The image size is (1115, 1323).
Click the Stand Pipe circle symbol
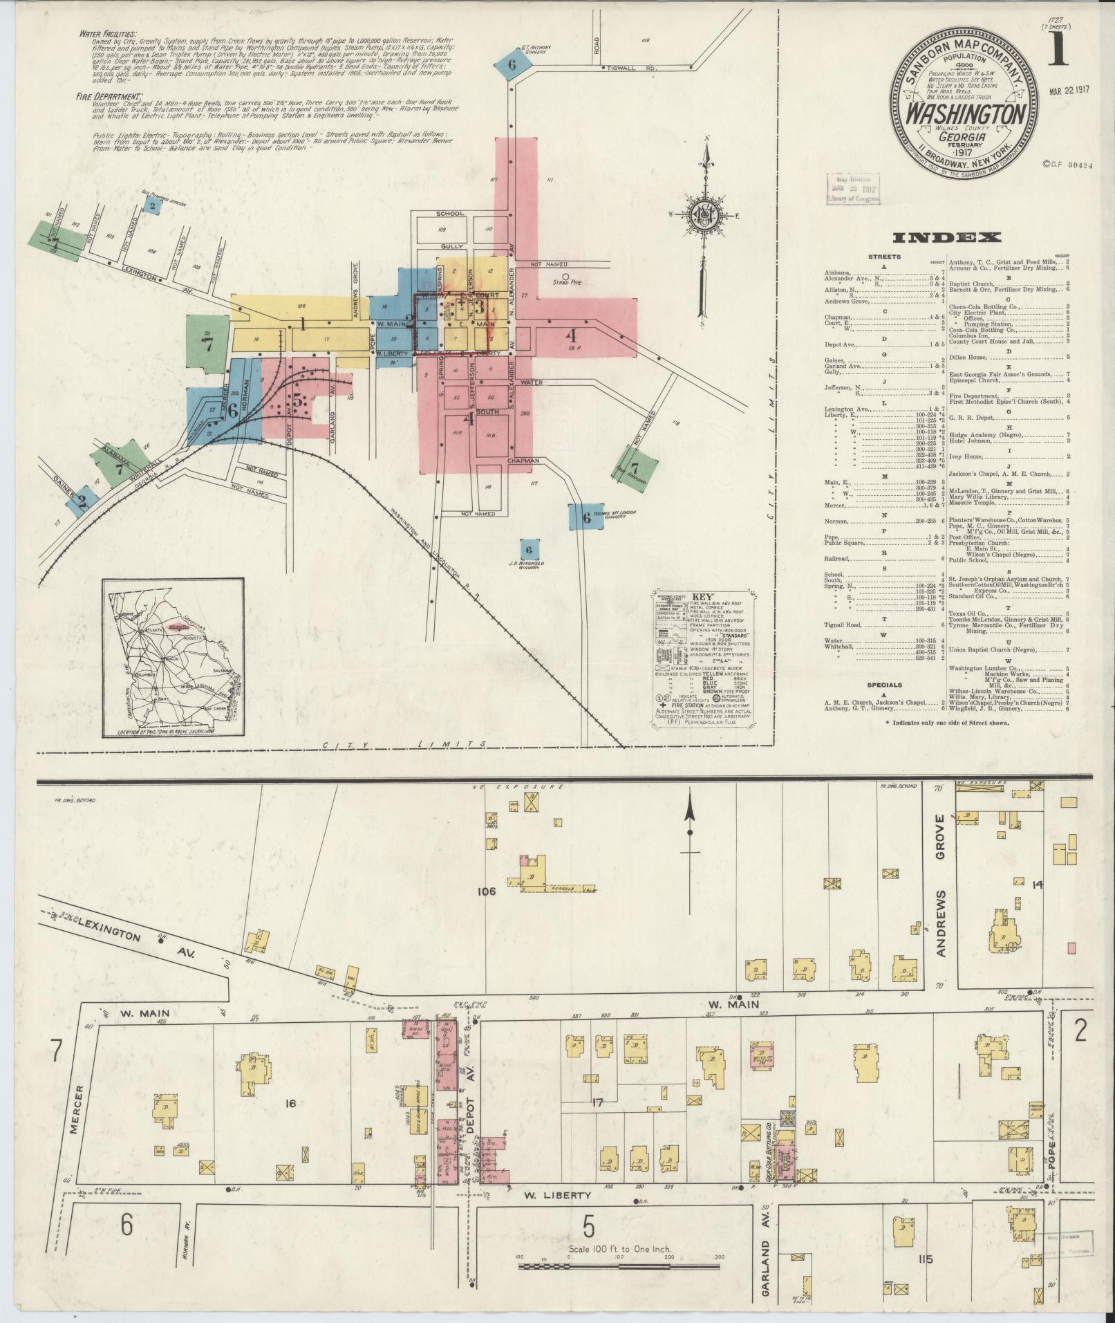(565, 276)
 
